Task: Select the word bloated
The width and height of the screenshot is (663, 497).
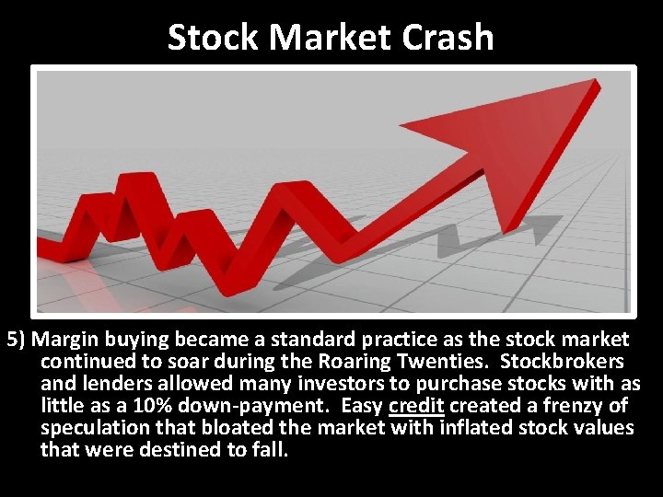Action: (233, 428)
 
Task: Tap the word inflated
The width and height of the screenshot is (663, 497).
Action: (478, 428)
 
